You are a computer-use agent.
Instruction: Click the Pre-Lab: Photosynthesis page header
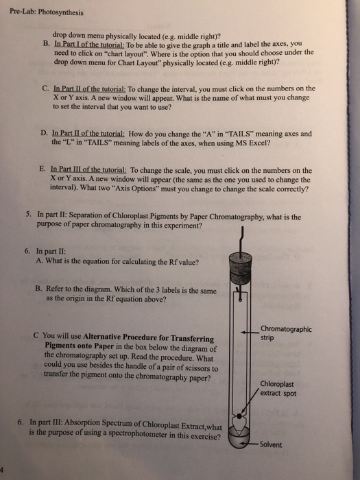47,12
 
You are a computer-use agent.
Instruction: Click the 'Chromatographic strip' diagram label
286,333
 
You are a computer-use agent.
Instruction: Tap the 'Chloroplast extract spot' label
278,389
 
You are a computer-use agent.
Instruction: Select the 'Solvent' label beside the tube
271,444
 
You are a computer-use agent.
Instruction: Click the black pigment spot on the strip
239,416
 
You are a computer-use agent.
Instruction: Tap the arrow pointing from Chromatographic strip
250,332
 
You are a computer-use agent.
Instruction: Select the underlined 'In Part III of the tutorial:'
88,169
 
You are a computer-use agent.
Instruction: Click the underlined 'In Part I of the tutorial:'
89,44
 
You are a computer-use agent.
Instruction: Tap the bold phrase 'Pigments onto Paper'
80,346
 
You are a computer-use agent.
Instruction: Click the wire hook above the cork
241,240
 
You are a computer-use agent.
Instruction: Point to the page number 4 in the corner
1,469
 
